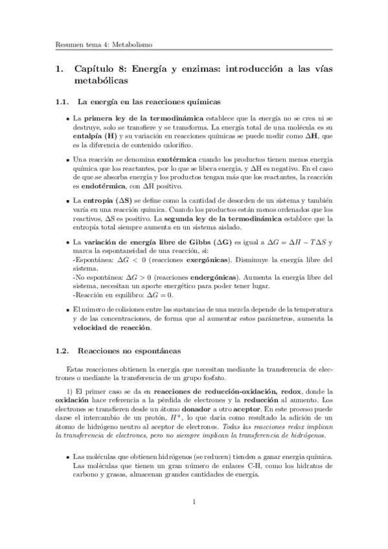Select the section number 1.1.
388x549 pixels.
point(62,102)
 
